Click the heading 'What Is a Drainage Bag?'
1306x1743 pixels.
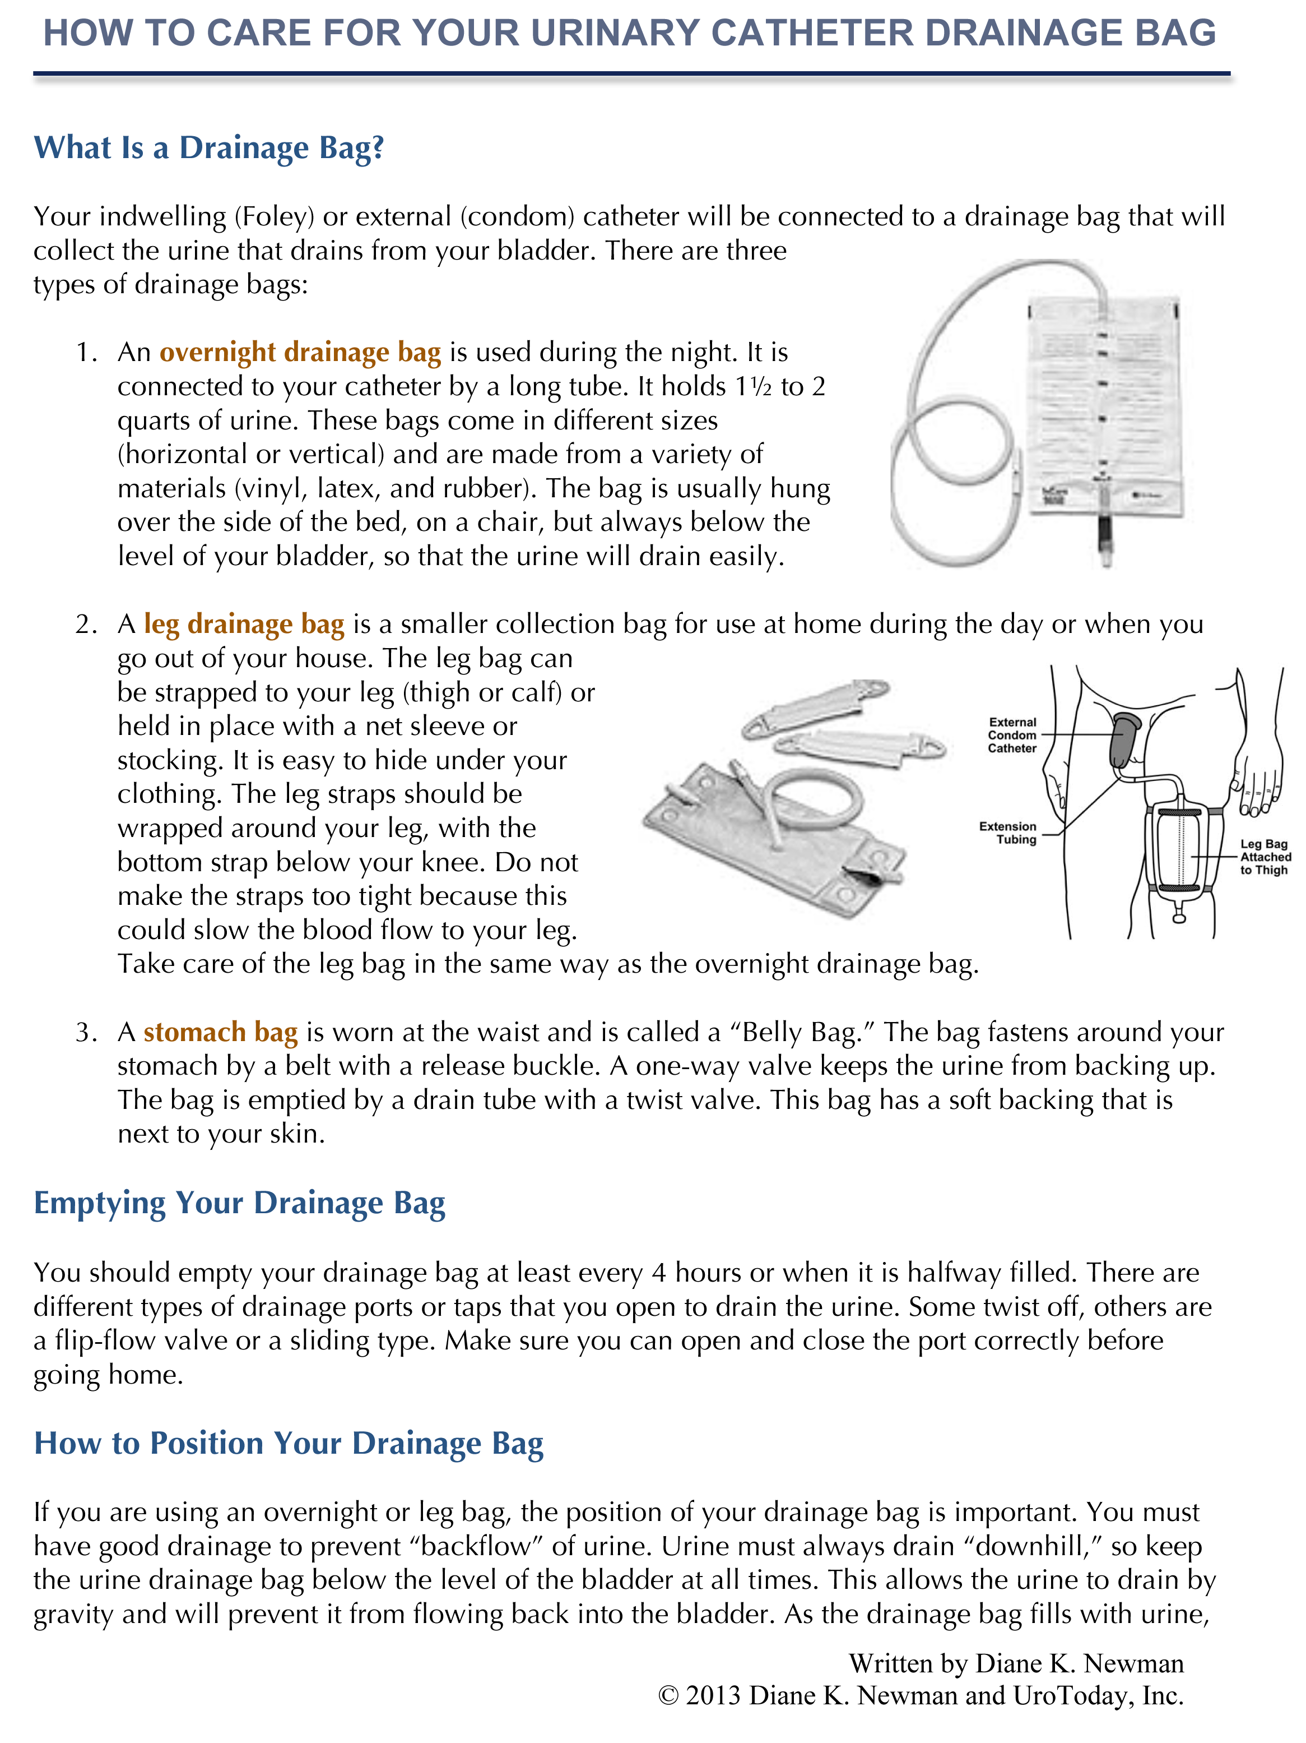[x=209, y=148]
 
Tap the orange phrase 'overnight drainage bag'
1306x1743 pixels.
[x=300, y=352]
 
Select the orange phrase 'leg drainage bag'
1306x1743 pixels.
[x=244, y=624]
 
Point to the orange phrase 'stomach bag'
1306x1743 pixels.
[x=221, y=1032]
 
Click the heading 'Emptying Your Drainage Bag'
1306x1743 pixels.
[x=239, y=1203]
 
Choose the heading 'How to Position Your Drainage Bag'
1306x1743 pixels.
[x=289, y=1444]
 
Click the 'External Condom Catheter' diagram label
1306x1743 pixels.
[x=1012, y=735]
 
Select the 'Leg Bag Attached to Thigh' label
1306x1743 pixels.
[x=1265, y=857]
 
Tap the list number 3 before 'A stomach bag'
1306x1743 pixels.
[x=85, y=1032]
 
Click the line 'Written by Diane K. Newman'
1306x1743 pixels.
[x=1016, y=1663]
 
